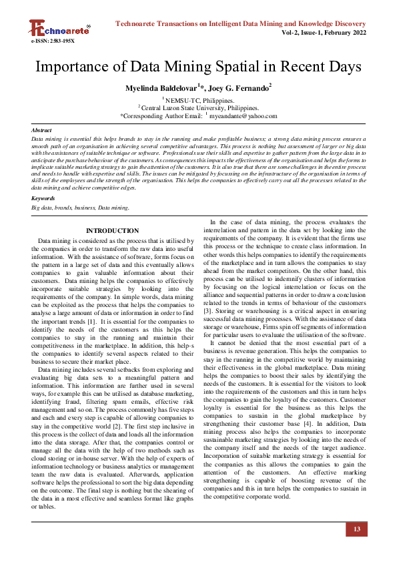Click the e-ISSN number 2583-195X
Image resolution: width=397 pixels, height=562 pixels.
[53, 41]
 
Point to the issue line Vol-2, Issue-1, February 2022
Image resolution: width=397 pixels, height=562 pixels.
[324, 32]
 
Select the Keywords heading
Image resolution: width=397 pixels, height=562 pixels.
[43, 198]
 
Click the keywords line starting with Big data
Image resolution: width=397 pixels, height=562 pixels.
[81, 208]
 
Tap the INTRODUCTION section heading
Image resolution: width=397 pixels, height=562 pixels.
[112, 231]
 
